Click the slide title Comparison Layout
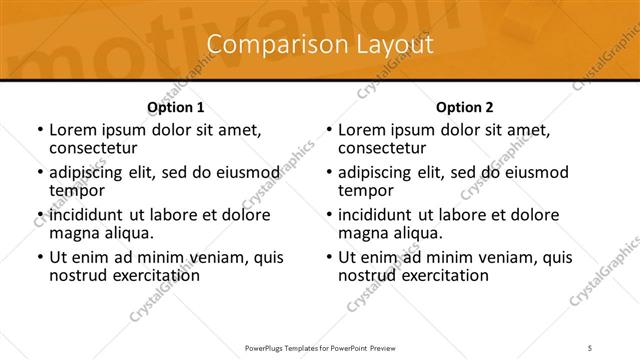point(320,45)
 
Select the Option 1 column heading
point(175,106)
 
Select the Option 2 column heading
point(464,106)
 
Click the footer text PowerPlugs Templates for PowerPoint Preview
point(319,347)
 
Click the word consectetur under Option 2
point(384,149)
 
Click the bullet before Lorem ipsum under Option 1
point(39,131)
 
